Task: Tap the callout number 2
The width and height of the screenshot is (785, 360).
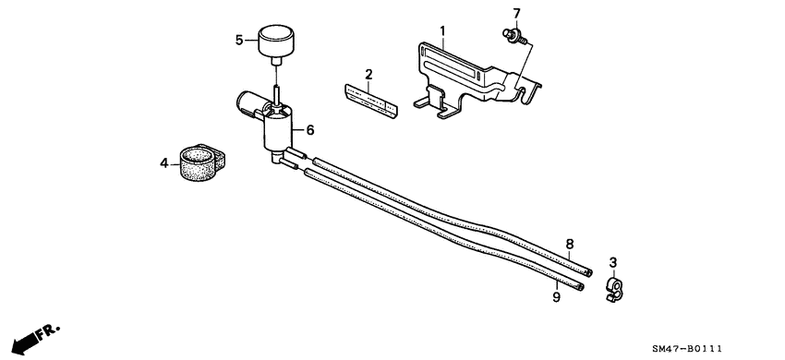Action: pos(368,74)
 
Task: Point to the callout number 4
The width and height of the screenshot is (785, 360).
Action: pos(163,163)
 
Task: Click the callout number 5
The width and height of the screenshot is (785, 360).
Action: pos(239,40)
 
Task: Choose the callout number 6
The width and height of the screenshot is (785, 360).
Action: pos(310,131)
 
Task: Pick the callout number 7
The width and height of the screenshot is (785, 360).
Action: pos(516,13)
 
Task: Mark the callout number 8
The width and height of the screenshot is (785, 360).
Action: pos(570,244)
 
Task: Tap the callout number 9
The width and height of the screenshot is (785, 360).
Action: pos(557,296)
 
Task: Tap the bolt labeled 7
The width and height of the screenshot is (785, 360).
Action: pos(512,35)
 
